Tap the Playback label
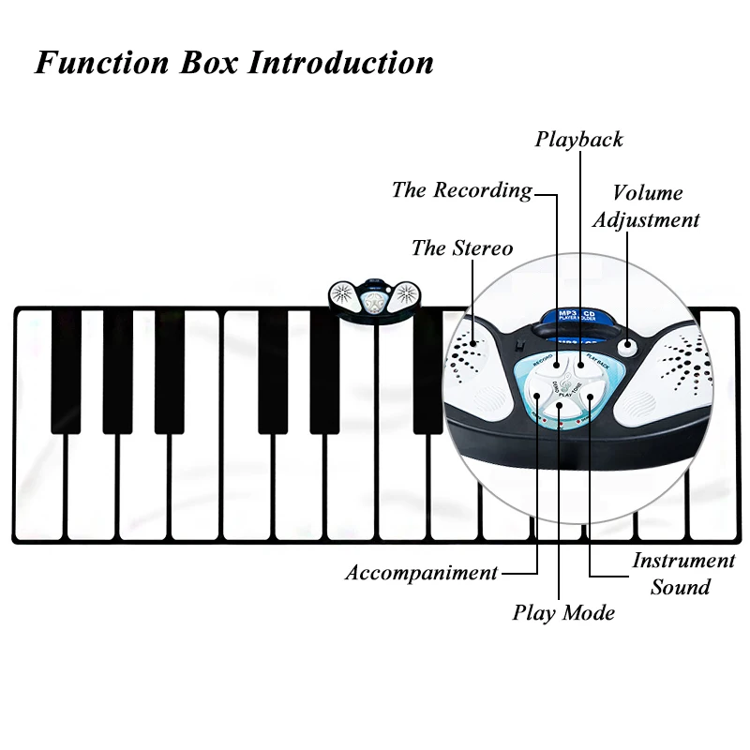point(578,140)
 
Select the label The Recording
point(461,190)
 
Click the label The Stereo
point(461,248)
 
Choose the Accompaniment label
point(421,573)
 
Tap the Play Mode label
point(563,613)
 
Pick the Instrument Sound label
point(682,574)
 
